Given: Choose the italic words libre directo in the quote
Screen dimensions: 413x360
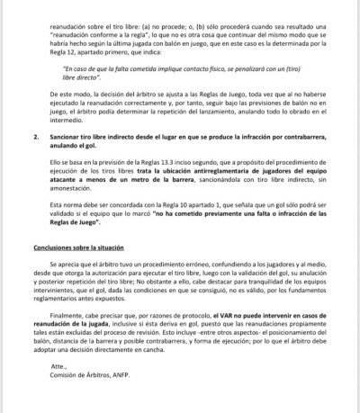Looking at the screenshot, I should (x=86, y=79).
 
